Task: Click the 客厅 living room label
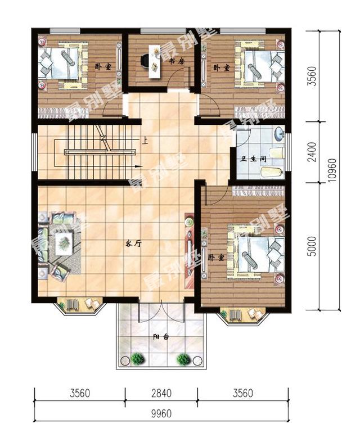click(133, 243)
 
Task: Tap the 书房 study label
click(177, 61)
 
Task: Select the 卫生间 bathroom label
click(253, 159)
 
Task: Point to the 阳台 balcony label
click(161, 337)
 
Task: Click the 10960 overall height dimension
click(332, 170)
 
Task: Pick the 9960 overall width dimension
click(161, 414)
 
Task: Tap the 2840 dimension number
click(161, 393)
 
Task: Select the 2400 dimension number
click(313, 152)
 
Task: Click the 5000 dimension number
click(313, 246)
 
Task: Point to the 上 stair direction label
click(145, 141)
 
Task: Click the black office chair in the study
click(145, 61)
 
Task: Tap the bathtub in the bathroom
click(272, 172)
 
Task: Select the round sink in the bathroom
click(279, 134)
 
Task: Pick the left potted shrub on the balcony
click(137, 359)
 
